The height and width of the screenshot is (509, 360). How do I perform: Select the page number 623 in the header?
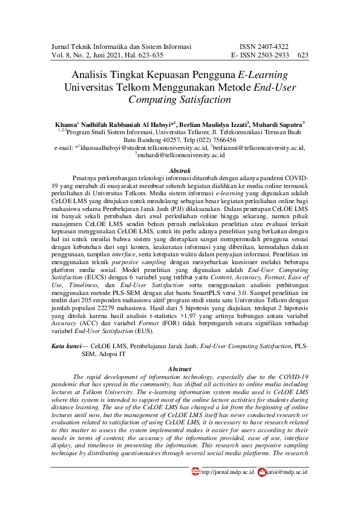point(303,55)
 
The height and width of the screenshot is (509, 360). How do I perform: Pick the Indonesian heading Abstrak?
point(179,171)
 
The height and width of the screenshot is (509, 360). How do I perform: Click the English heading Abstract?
point(179,369)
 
